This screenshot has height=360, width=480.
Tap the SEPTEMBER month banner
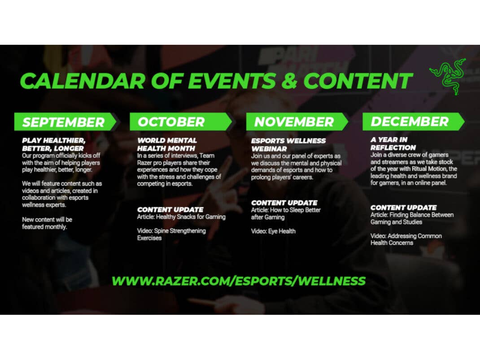[65, 122]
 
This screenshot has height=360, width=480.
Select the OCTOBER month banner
[181, 122]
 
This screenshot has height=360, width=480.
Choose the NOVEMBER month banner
[297, 122]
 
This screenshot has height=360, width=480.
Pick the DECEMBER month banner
[413, 121]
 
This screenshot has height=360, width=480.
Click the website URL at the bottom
[239, 281]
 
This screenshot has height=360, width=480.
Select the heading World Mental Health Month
[167, 144]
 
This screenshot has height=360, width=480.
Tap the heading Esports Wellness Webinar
[288, 145]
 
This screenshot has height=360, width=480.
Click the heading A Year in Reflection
[393, 143]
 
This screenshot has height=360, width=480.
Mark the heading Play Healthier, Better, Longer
[53, 144]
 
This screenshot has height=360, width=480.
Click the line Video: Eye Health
[273, 231]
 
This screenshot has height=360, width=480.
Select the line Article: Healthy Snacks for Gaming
[181, 217]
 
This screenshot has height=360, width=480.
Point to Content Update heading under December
[403, 208]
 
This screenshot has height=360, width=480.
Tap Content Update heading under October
[170, 209]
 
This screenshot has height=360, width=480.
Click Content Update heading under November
[284, 203]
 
